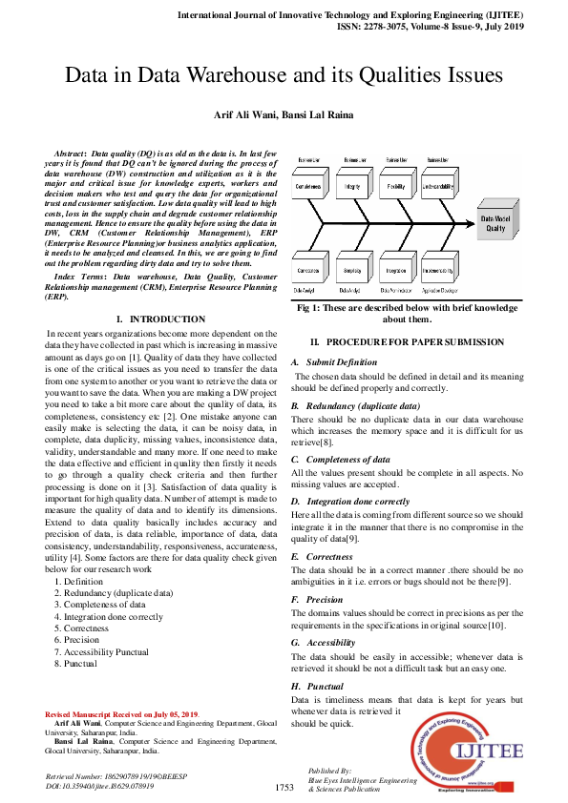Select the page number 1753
click(284, 788)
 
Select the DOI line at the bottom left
click(100, 787)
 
